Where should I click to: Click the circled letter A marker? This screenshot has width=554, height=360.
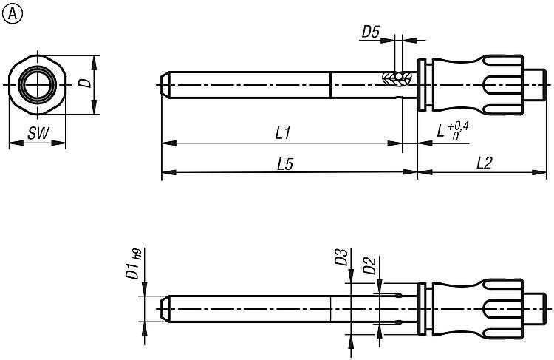(12, 14)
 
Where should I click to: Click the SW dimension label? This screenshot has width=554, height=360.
(38, 133)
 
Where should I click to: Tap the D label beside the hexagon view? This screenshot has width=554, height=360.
(85, 83)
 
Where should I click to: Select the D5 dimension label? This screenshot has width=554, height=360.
(370, 33)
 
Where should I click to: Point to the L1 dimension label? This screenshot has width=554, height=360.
(283, 133)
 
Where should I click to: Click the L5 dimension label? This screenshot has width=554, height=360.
(285, 164)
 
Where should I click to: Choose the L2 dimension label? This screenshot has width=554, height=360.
(484, 163)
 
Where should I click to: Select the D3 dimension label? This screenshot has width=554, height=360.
(341, 257)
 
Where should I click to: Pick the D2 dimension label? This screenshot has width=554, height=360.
(369, 266)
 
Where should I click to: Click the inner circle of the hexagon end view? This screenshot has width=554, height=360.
(38, 85)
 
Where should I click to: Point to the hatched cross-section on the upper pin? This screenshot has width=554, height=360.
(397, 78)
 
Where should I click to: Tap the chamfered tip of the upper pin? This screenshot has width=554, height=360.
(165, 85)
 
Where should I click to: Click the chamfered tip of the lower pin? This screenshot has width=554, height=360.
(165, 309)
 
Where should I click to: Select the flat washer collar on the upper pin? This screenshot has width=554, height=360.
(421, 85)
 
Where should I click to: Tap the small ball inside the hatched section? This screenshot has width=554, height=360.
(399, 76)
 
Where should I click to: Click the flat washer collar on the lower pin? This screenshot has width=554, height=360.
(421, 309)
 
